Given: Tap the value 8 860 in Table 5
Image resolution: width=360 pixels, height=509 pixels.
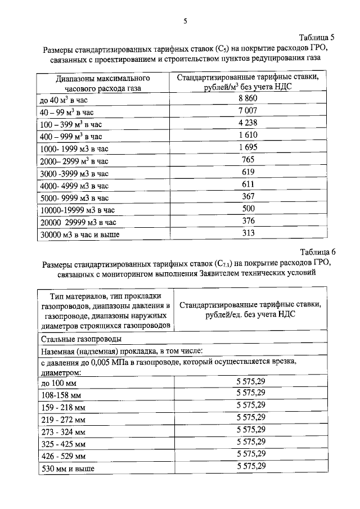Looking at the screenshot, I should coord(247,99).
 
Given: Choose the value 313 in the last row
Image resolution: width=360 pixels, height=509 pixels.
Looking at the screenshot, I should coord(248,233).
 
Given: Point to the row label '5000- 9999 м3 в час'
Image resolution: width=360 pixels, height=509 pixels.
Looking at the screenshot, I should coord(74,198).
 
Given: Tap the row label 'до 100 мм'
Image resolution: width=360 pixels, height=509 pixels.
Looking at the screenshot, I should coord(58,383).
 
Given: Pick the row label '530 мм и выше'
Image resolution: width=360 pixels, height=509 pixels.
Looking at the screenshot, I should coord(67,468).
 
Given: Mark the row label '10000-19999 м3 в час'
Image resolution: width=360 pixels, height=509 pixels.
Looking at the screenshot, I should coord(78,210).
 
